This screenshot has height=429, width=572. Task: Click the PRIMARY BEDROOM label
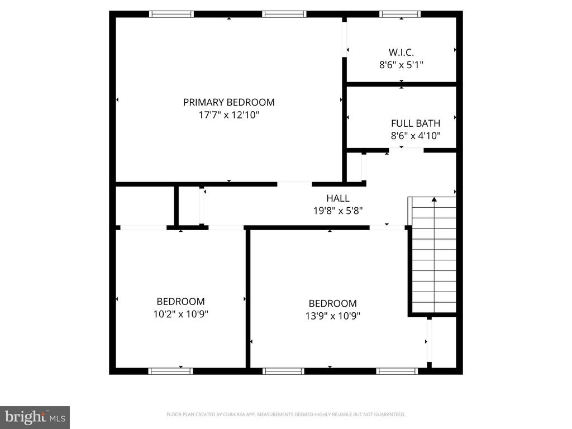(x=228, y=103)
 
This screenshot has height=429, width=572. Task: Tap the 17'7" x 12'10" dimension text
(x=228, y=115)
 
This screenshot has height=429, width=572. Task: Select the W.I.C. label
(x=401, y=53)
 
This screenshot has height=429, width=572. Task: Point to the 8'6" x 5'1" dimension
(x=401, y=65)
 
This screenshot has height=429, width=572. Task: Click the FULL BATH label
(x=416, y=123)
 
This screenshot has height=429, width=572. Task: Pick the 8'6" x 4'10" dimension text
(x=416, y=136)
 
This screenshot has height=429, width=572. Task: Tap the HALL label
(x=338, y=198)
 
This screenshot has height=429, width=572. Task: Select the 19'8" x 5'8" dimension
(x=338, y=211)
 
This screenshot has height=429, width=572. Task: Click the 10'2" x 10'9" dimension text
(x=180, y=314)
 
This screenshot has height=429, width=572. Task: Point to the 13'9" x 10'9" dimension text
(x=333, y=316)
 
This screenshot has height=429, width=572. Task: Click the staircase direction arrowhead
(x=434, y=199)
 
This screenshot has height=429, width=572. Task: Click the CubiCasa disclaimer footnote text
(x=285, y=414)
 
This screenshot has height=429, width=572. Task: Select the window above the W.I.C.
(x=400, y=14)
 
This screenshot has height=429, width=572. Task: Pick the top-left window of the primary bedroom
(x=171, y=14)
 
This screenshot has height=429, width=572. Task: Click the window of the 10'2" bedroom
(x=170, y=371)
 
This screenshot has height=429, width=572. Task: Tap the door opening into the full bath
(x=406, y=150)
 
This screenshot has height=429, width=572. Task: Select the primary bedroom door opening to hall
(x=294, y=184)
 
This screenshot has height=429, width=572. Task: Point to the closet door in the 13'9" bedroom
(x=429, y=341)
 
